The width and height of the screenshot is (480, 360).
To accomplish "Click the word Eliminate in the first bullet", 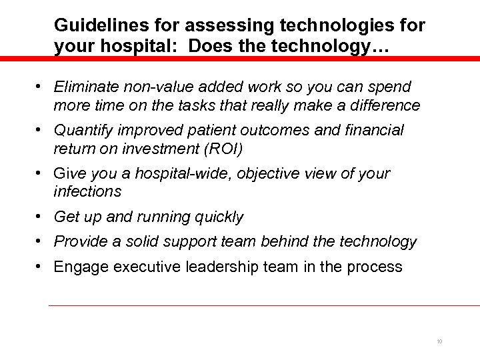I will coord(86,87).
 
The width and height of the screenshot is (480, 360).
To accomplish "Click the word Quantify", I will coord(84,130).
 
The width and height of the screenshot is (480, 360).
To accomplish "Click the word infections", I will coord(88,191).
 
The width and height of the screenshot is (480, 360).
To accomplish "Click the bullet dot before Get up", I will coord(41,217).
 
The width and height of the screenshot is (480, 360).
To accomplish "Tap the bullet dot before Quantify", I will coord(41,130).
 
